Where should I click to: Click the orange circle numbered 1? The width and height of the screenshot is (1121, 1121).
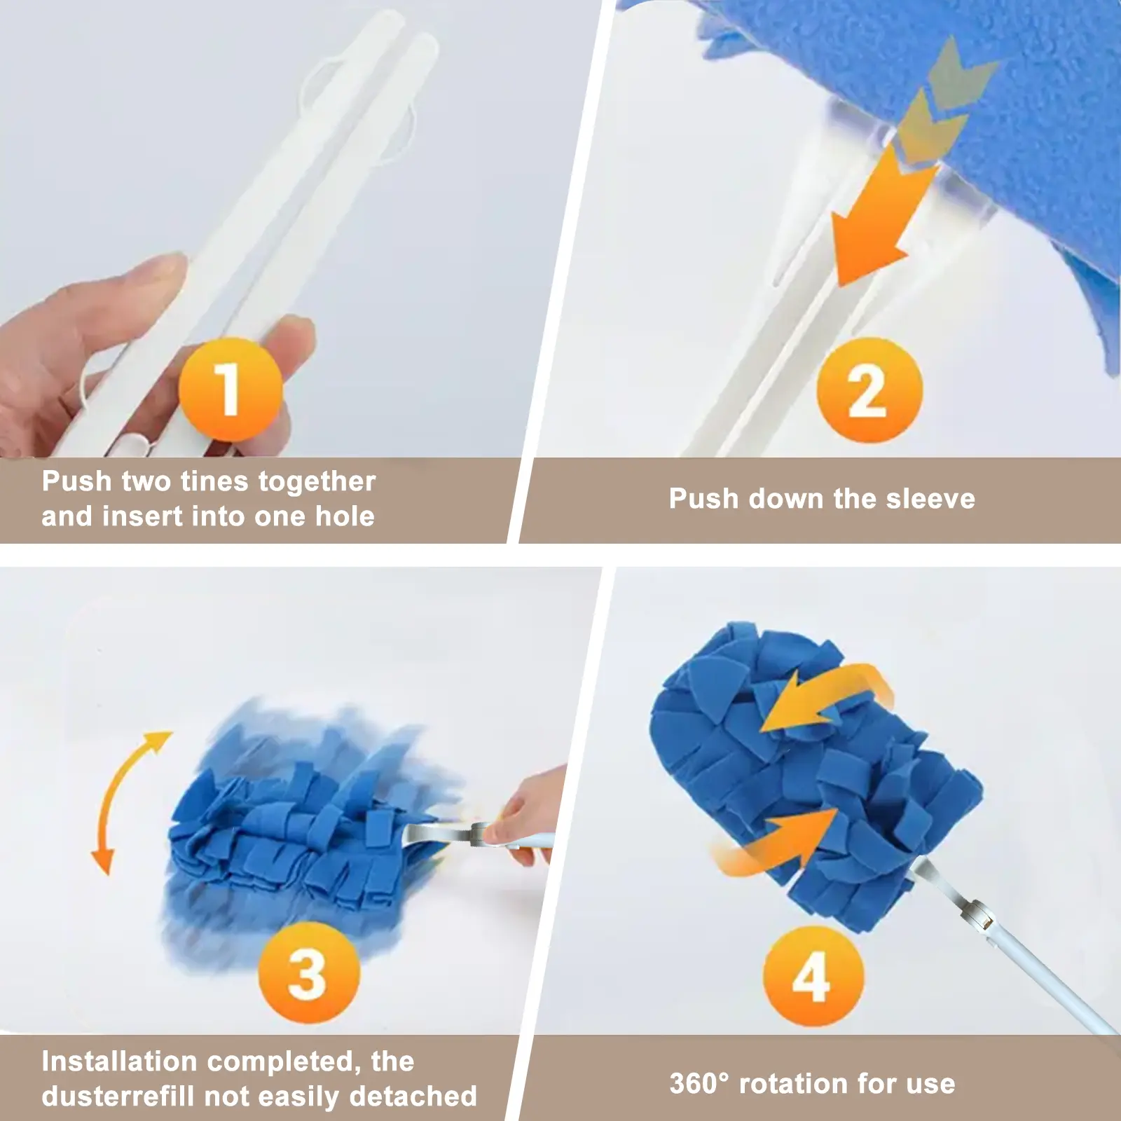coord(231,389)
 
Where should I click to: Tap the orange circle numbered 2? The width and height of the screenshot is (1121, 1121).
coord(869,390)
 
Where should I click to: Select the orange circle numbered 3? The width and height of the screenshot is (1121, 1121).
coord(309,974)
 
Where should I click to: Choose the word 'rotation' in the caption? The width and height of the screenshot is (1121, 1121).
coord(794,1084)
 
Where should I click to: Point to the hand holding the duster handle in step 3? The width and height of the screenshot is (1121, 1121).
coord(522,813)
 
